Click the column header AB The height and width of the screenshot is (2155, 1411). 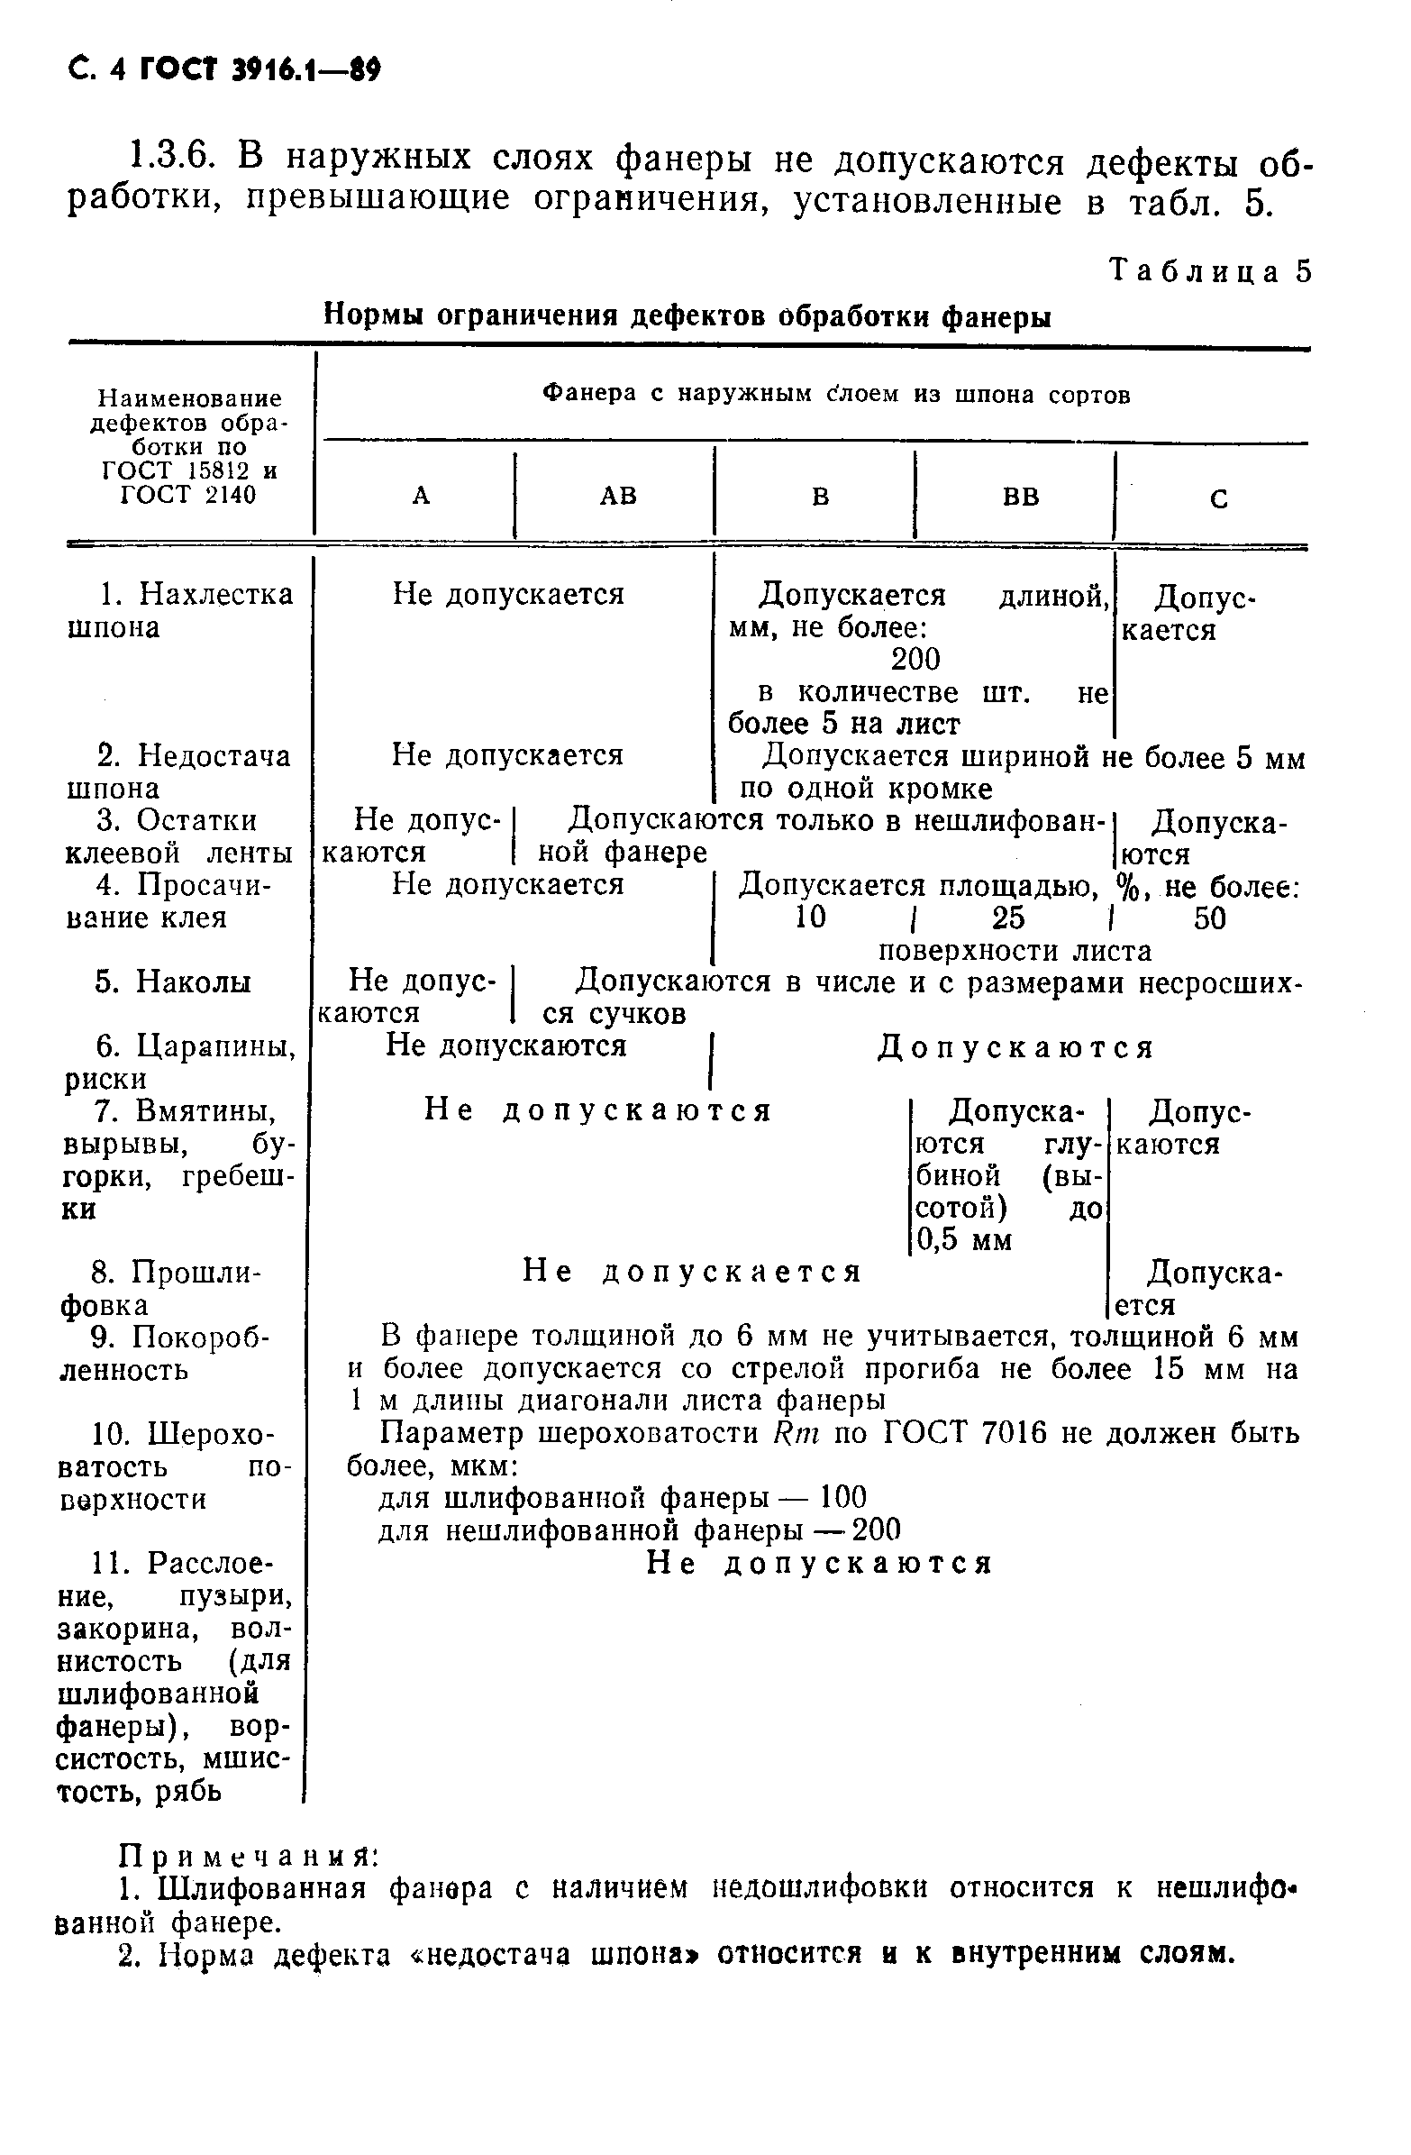[619, 496]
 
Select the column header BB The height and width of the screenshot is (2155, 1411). [1021, 497]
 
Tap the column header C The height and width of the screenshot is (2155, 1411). [1219, 499]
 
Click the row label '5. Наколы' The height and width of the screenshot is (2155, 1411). [173, 982]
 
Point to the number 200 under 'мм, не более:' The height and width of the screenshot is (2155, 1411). [915, 658]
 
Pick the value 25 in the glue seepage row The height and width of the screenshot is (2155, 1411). [1007, 918]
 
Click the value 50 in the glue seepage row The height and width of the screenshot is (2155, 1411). [1209, 918]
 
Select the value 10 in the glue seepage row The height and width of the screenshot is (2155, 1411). [810, 918]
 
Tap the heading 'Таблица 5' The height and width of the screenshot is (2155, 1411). [1210, 271]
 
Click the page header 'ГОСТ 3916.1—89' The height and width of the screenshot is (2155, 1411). [259, 69]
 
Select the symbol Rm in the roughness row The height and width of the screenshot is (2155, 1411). [797, 1433]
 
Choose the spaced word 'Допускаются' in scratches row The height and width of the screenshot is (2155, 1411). [1015, 1047]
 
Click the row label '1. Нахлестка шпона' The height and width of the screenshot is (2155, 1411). [181, 610]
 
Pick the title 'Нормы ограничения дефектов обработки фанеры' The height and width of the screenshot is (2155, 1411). [687, 316]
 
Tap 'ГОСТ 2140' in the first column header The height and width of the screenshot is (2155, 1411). [188, 495]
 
